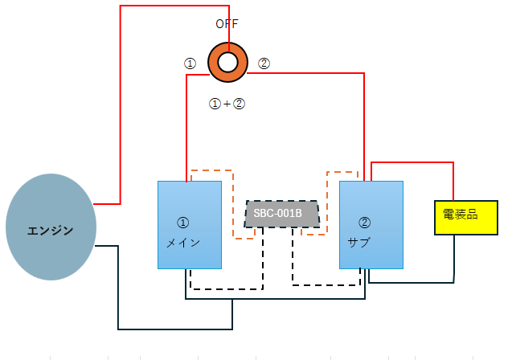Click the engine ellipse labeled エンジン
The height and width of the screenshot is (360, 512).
(51, 227)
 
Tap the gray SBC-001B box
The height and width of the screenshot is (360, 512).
(282, 214)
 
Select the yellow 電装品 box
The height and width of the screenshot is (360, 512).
(466, 218)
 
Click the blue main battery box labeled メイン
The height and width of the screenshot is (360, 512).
(190, 225)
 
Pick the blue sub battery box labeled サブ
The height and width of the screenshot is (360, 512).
(371, 225)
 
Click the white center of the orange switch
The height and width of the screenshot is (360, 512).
(227, 63)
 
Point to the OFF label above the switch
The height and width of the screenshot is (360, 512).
(227, 24)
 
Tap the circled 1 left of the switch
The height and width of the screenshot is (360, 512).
(190, 63)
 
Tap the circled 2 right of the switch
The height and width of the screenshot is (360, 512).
(264, 63)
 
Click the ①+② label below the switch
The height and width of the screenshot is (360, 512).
(227, 104)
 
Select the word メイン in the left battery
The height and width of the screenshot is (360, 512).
(183, 243)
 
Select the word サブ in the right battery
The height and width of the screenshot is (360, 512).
(358, 243)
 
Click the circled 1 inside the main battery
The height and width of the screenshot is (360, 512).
(183, 223)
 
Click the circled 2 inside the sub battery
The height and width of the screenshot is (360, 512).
(364, 223)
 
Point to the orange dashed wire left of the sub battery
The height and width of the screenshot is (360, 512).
(327, 203)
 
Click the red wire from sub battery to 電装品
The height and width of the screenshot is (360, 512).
(412, 162)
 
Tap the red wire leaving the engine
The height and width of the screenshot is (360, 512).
(121, 104)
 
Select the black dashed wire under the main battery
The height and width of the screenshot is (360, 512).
(227, 288)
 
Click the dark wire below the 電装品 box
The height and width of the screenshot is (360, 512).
(412, 282)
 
